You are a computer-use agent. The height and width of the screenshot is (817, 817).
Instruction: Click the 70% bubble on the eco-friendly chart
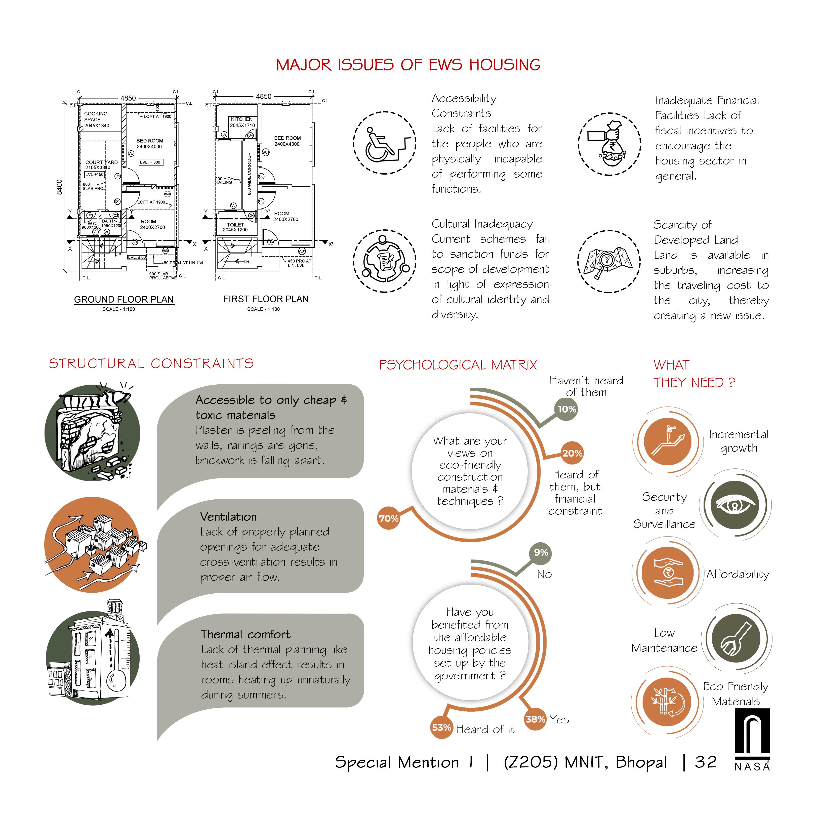coord(388,518)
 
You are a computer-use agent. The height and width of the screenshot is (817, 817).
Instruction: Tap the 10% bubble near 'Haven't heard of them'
coord(567,409)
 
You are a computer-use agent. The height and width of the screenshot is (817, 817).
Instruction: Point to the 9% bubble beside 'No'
coord(541,553)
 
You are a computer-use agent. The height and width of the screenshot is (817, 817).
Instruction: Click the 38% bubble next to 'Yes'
coord(535,719)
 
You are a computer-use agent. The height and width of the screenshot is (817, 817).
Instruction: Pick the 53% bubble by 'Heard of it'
coord(441,727)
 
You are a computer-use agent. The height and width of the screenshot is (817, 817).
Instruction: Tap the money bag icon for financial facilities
coord(609,144)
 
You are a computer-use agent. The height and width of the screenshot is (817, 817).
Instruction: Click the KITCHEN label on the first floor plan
coord(242,119)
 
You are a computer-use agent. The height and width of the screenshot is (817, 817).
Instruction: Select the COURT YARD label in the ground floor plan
coord(101,162)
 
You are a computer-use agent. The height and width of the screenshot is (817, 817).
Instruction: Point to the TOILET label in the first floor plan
coord(235,225)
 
